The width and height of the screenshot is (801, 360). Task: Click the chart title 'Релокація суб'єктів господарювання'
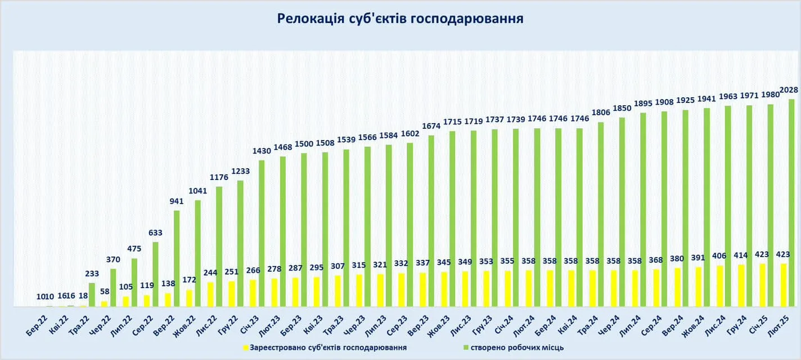click(x=400, y=19)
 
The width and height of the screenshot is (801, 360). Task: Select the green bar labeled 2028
click(x=791, y=202)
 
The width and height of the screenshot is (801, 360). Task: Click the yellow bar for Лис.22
click(x=210, y=294)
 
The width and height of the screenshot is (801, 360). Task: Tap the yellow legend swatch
click(x=245, y=348)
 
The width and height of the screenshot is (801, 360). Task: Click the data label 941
click(x=177, y=201)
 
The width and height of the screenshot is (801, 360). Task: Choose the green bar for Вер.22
click(x=177, y=259)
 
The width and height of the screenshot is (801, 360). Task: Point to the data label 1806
click(x=600, y=112)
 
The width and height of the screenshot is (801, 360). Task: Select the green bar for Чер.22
click(x=113, y=287)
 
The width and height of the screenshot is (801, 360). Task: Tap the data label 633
click(x=155, y=232)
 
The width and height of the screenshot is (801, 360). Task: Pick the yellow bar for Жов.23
click(x=444, y=289)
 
